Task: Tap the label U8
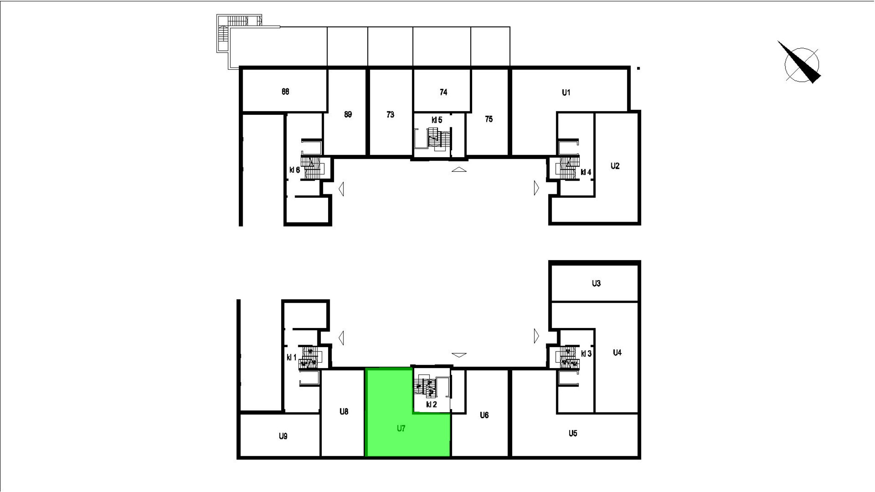click(344, 412)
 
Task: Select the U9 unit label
click(283, 436)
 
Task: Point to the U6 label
click(484, 415)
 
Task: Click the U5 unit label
click(573, 433)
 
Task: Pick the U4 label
click(617, 352)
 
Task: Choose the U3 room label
click(596, 283)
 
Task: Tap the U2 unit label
click(615, 166)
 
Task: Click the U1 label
click(566, 92)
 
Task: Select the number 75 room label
click(489, 119)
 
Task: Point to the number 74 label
click(443, 92)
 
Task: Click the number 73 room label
click(390, 114)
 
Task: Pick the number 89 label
click(348, 114)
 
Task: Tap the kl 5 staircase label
click(437, 120)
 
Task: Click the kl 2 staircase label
click(432, 404)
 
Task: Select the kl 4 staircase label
click(586, 172)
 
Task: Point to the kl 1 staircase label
click(291, 357)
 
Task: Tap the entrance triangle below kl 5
click(459, 170)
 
